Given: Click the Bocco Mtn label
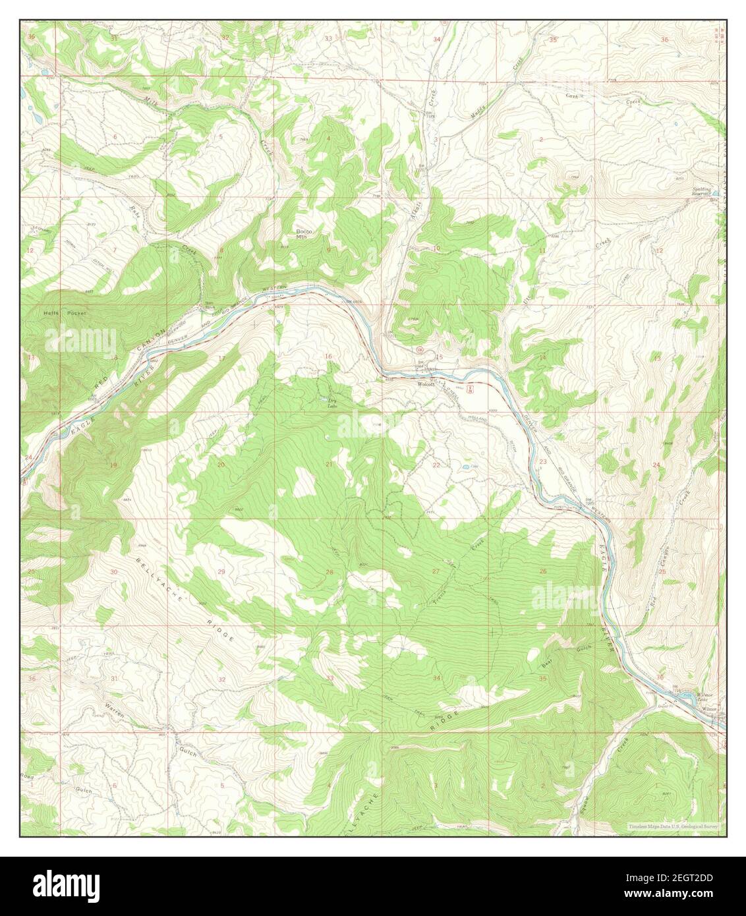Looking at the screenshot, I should click(x=303, y=234).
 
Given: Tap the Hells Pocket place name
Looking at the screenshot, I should click(x=58, y=314).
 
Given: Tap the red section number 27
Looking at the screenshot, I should click(x=436, y=571).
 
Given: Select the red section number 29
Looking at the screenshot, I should click(x=221, y=571).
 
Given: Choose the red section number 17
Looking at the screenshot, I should click(x=221, y=358).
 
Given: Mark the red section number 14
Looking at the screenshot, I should click(x=542, y=357).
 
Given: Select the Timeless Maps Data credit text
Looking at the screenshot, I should click(x=672, y=825).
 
